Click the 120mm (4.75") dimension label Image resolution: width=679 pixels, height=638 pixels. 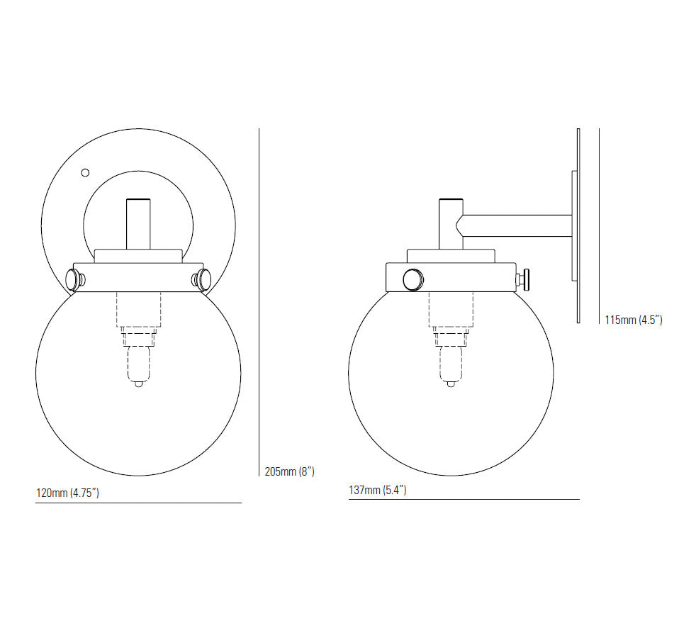coord(67,493)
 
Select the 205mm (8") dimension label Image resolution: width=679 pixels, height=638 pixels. coord(289,471)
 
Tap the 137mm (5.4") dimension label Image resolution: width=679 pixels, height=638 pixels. coord(378,490)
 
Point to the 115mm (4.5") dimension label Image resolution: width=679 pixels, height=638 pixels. coord(634,320)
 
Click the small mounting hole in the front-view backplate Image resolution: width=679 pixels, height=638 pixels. coord(85,173)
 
